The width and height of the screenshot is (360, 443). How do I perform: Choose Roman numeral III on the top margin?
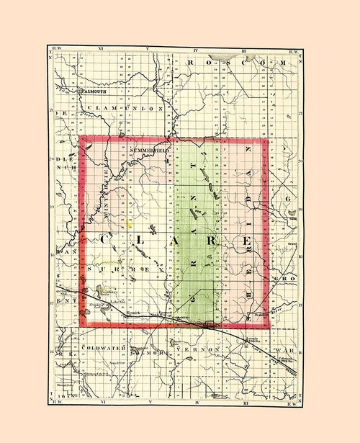246,51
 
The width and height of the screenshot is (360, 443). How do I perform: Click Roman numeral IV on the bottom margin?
197,395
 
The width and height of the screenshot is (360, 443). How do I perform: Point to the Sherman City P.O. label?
96,374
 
